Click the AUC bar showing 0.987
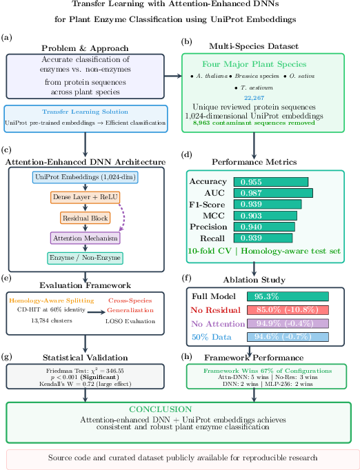tap(273, 193)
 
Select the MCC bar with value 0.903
tap(266, 216)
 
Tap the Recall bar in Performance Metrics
tap(263, 238)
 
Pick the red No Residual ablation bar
tap(288, 310)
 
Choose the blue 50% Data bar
tap(288, 337)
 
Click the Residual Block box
tap(86, 218)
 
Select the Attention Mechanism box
tap(86, 238)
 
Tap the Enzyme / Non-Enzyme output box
tap(86, 258)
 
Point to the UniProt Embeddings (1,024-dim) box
tap(86, 177)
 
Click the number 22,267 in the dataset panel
tap(254, 98)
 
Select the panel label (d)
tap(187, 154)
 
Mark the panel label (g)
tap(7, 357)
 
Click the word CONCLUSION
tap(161, 409)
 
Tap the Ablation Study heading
tap(254, 280)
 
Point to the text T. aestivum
tap(257, 88)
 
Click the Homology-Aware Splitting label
tap(52, 300)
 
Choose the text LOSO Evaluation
tap(130, 321)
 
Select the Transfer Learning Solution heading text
tap(86, 112)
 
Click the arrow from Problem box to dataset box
tap(173, 76)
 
